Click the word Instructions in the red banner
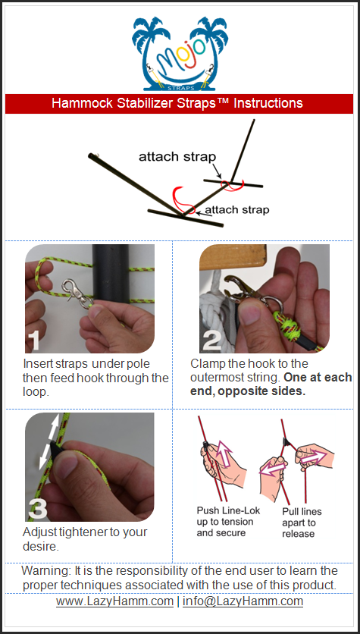(x=268, y=103)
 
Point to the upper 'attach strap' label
(x=177, y=156)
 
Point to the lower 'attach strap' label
(x=236, y=210)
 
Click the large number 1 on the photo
(x=35, y=340)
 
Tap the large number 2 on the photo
(x=211, y=340)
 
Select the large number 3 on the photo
(x=38, y=508)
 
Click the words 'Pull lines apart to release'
(x=299, y=523)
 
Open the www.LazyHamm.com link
(x=114, y=601)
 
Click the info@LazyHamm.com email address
(x=243, y=601)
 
